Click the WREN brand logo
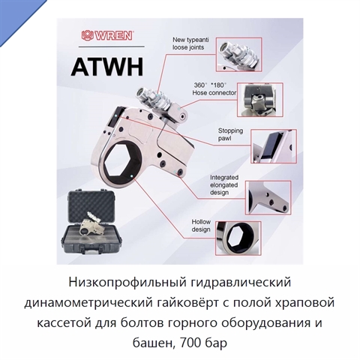pos(106,35)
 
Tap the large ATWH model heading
pos(107,67)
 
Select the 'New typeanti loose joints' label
pos(190,43)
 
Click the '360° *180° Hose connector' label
pos(214,89)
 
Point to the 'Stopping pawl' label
pos(230,134)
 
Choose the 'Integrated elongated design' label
pos(224,185)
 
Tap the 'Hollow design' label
pos(201,226)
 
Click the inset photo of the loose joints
pos(238,55)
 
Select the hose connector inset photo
pos(260,100)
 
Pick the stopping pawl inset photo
pos(274,146)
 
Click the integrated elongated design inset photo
pos(268,198)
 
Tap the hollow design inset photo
pos(238,238)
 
